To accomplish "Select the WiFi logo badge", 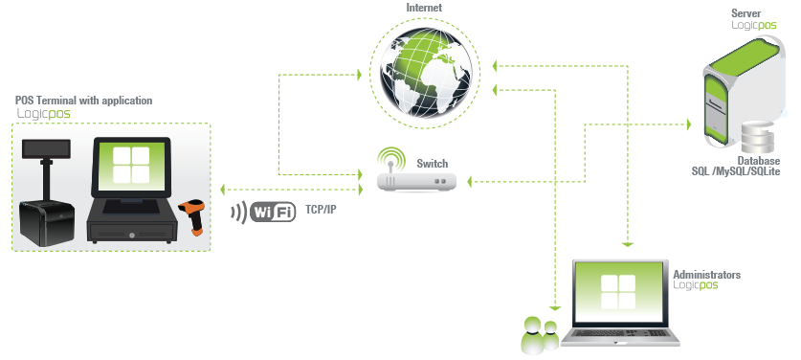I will point(273,212).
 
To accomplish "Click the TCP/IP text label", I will point(322,209).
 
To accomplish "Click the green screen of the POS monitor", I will point(128,165).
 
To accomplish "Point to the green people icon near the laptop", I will point(539,335).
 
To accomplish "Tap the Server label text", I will point(745,13).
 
